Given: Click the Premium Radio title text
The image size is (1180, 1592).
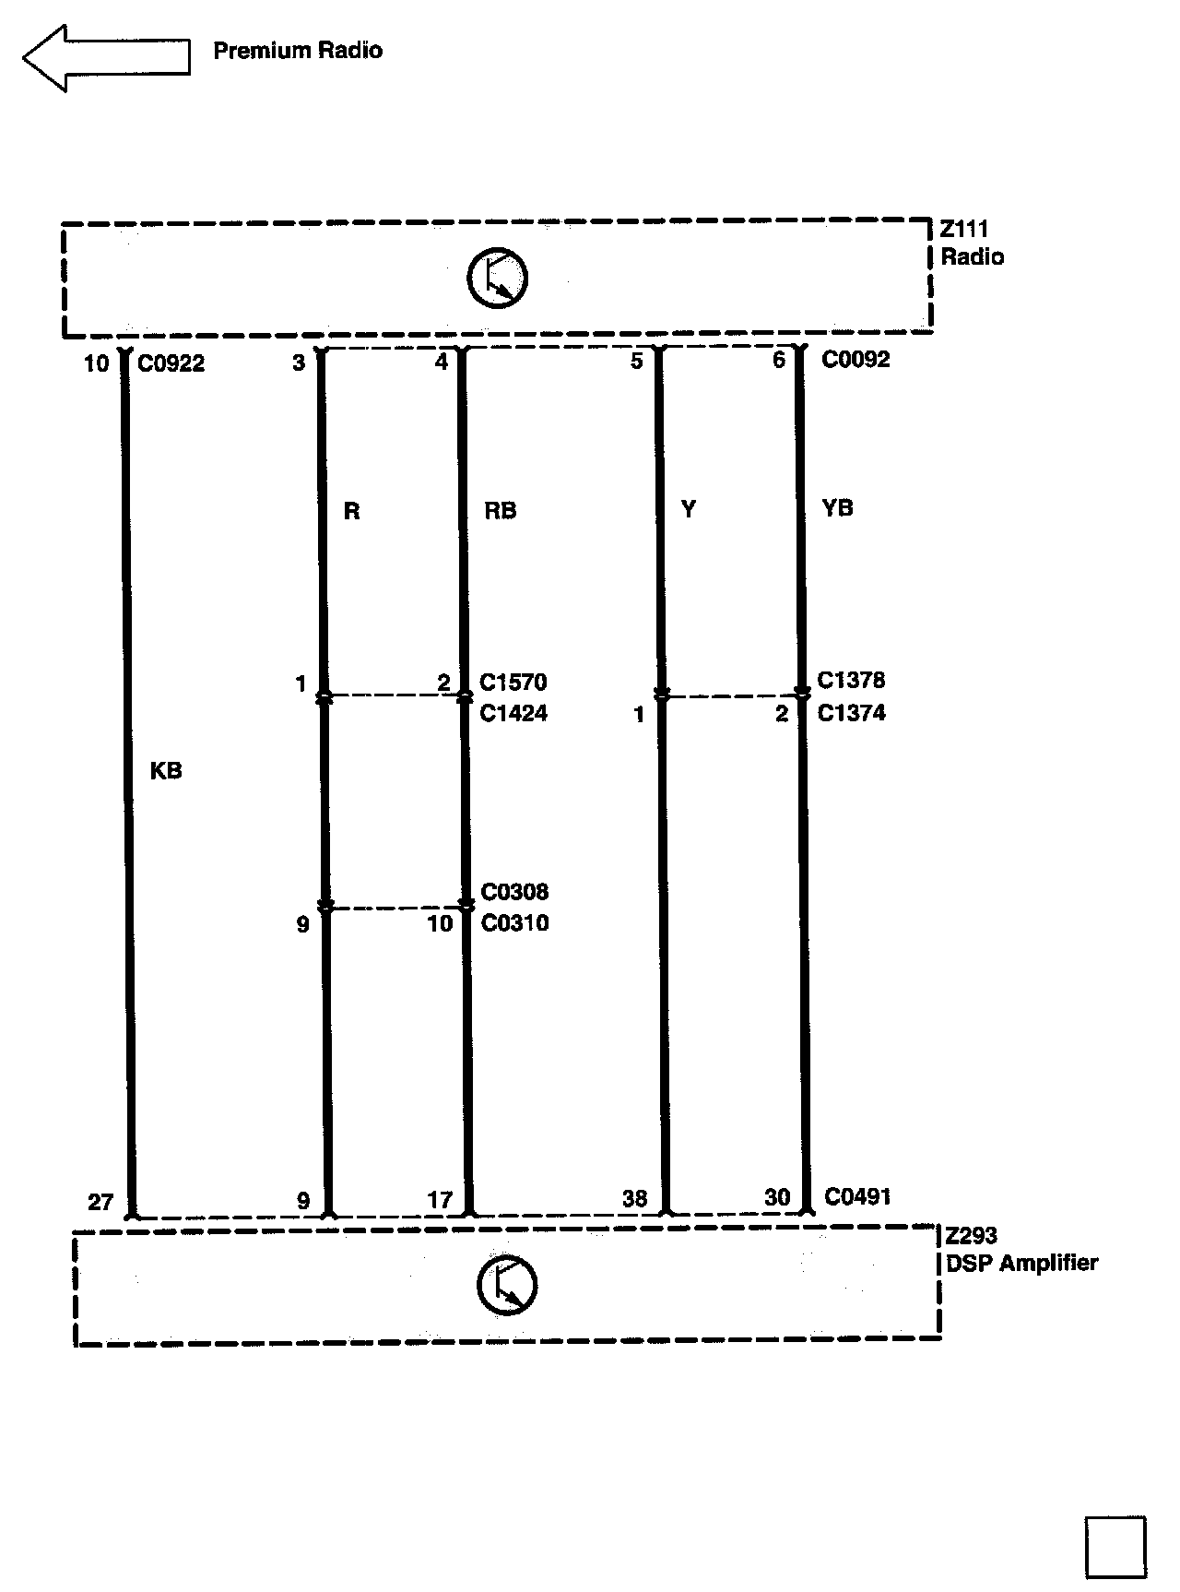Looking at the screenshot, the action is point(297,51).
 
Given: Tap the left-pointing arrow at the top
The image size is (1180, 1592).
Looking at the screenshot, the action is point(106,57).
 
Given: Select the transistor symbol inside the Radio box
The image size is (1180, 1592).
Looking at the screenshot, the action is point(497,279).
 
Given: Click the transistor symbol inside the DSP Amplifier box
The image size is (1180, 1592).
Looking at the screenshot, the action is point(506,1285).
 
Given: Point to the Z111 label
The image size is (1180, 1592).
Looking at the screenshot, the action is point(964,229).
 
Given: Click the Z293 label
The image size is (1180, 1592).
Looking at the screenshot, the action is point(972,1236).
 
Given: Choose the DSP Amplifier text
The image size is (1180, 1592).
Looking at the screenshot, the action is point(1022,1263).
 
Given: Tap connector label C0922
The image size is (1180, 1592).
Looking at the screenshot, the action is point(171,363).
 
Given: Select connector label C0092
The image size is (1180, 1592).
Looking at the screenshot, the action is point(855,359).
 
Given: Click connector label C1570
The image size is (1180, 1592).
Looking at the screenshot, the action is point(513,683).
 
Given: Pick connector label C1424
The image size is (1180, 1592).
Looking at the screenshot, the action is point(513,713).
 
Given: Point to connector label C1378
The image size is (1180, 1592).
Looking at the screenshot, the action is point(851,681).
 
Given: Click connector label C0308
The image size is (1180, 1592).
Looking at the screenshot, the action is point(514,892).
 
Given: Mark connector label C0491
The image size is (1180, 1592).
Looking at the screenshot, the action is point(857,1196).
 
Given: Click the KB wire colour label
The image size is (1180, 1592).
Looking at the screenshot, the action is point(166,771).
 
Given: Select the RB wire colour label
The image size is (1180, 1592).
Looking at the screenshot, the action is point(500,511).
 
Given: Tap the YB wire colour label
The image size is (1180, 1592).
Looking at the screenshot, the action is point(837,508).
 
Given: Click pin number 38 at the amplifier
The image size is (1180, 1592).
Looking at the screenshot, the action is point(634,1198).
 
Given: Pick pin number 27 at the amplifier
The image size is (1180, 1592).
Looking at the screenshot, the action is point(100,1202).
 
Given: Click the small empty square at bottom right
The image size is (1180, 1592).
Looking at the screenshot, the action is point(1115,1547).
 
